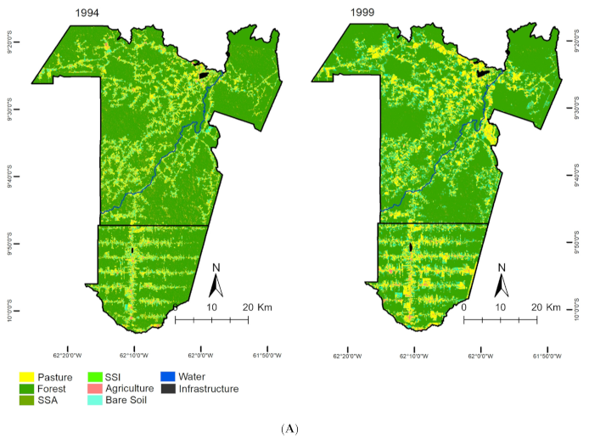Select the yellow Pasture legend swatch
[x=27, y=376]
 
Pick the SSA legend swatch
[x=27, y=401]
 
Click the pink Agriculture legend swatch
[x=100, y=389]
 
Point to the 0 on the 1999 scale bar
[x=463, y=307]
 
